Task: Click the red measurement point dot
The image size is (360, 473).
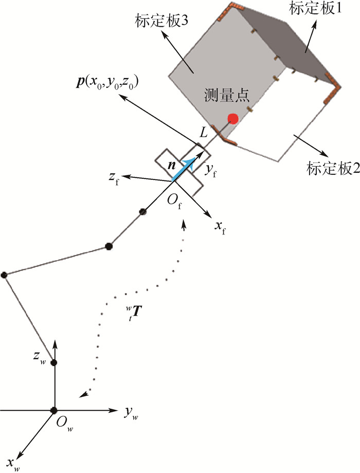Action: pyautogui.click(x=233, y=119)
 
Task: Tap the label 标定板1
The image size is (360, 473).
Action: pyautogui.click(x=315, y=8)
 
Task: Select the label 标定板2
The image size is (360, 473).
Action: pyautogui.click(x=333, y=168)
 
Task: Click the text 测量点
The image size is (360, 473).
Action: pyautogui.click(x=227, y=95)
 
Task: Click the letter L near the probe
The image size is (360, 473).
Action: pyautogui.click(x=204, y=133)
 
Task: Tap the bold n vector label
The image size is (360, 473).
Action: pyautogui.click(x=172, y=166)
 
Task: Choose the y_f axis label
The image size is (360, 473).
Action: pyautogui.click(x=211, y=171)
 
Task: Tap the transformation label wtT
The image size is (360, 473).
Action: pyautogui.click(x=133, y=313)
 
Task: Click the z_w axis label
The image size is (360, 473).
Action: pyautogui.click(x=40, y=357)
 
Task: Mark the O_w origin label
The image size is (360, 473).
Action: pyautogui.click(x=65, y=424)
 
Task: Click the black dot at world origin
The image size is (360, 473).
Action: pyautogui.click(x=54, y=410)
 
